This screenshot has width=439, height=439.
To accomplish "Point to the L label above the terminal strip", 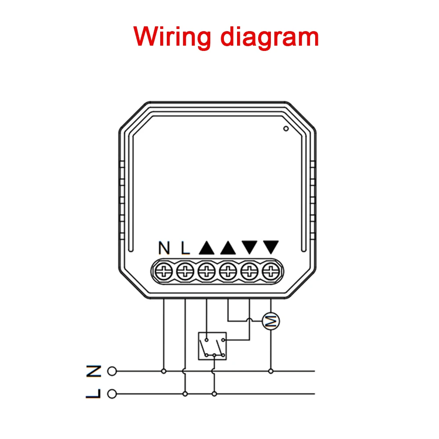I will tap(185, 248).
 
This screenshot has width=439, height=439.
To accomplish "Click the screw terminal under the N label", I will tap(164, 272).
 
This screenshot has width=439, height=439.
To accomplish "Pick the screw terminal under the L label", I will tap(185, 272).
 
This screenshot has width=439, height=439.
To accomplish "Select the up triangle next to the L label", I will tap(207, 248).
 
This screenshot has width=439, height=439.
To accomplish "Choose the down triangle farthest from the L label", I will tap(271, 248).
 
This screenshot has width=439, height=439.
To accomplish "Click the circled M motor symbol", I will tap(271, 322).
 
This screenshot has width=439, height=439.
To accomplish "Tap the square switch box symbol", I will tap(212, 346).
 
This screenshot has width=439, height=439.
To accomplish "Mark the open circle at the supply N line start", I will tap(112, 371).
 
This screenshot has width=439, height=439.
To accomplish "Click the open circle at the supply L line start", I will tap(112, 394).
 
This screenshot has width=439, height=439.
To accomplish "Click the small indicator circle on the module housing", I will tap(286, 129).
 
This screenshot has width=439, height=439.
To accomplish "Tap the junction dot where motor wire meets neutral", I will tap(271, 371).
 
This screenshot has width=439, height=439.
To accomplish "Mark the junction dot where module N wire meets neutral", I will tap(164, 371).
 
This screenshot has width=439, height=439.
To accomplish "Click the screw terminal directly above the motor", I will tap(271, 272).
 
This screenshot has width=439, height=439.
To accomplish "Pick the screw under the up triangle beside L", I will tap(206, 272).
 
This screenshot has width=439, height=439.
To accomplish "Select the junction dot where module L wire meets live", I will tap(185, 394).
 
